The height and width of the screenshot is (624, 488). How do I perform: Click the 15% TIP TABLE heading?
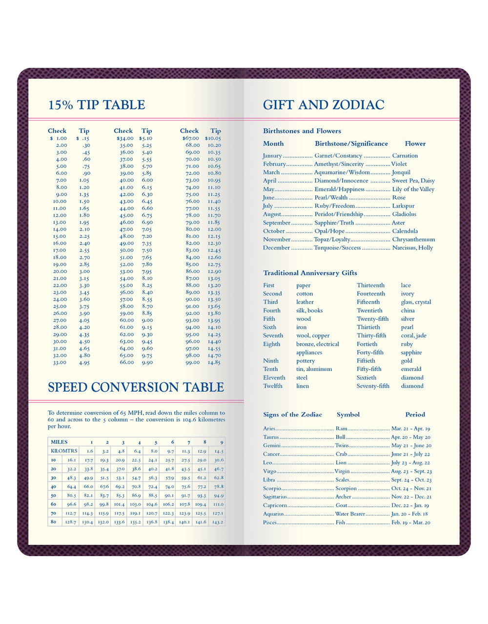pyautogui.click(x=97, y=105)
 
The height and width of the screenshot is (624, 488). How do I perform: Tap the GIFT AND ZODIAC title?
pyautogui.click(x=324, y=105)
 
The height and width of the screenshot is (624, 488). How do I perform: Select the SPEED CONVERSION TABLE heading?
pyautogui.click(x=136, y=387)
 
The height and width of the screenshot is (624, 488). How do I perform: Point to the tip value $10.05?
pyautogui.click(x=213, y=138)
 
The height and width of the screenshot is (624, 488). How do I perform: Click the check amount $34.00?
pyautogui.click(x=125, y=138)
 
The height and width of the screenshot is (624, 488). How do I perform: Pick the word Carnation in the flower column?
pyautogui.click(x=405, y=156)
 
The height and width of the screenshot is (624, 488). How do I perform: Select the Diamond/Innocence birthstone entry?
pyautogui.click(x=341, y=181)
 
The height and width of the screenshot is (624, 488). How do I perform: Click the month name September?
pyautogui.click(x=277, y=223)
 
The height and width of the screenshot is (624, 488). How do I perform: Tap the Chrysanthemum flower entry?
pyautogui.click(x=413, y=239)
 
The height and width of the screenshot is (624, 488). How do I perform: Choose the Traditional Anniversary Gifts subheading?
pyautogui.click(x=310, y=273)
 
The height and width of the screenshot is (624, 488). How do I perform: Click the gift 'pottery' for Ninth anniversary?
pyautogui.click(x=305, y=361)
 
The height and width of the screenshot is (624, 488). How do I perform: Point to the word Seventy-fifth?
pyautogui.click(x=373, y=386)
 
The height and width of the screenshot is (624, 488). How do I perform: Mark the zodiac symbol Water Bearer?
pyautogui.click(x=350, y=514)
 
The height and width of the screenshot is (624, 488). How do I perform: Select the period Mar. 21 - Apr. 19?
pyautogui.click(x=410, y=429)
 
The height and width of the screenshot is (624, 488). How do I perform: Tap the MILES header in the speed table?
pyautogui.click(x=60, y=442)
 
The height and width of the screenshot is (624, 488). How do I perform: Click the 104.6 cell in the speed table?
pyautogui.click(x=152, y=504)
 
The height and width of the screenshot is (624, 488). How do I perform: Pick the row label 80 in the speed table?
pyautogui.click(x=53, y=521)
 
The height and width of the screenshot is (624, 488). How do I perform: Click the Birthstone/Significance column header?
pyautogui.click(x=351, y=144)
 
